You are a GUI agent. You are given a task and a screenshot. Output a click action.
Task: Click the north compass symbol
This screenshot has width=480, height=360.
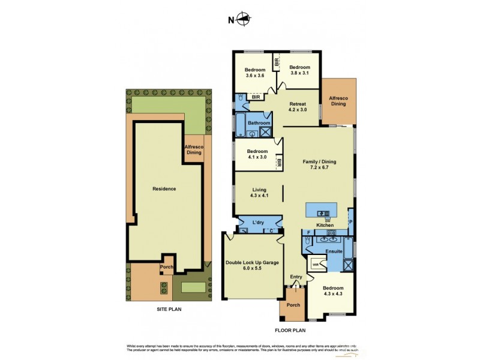pos(243,19)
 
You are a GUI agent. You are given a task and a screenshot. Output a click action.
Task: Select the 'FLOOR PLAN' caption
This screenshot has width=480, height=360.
pos(290,330)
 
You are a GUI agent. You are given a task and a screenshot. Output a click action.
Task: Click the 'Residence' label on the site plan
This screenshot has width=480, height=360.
pos(164,188)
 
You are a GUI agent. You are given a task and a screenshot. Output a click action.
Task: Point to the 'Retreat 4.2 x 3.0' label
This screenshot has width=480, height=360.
pos(298,107)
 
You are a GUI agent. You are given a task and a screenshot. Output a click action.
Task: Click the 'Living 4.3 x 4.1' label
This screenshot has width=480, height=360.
pos(259,193)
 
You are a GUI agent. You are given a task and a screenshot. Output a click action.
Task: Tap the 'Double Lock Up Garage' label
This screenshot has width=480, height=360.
pos(252,266)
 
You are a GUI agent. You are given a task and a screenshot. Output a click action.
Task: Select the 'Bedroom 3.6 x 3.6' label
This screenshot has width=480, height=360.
pos(254,73)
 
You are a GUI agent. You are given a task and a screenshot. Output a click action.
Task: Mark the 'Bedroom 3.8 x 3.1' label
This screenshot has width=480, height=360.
pos(299,70)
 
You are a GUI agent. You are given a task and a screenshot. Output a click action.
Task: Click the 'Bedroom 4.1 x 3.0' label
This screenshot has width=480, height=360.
pos(255,154)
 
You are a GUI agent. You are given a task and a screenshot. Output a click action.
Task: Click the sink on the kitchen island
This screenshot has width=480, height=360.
pos(322,212)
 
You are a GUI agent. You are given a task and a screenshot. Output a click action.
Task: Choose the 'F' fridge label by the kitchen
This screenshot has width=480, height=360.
pos(308,232)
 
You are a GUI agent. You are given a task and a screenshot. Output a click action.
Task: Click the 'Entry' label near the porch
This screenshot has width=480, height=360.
pos(296,277)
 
